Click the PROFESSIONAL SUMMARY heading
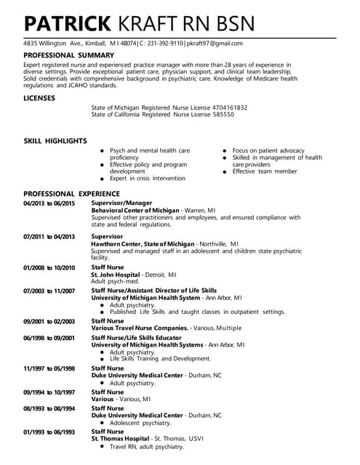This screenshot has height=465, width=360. (68, 55)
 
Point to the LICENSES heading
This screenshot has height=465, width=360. (40, 97)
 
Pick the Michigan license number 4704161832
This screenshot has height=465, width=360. (231, 108)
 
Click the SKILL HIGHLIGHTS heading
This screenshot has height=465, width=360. (55, 141)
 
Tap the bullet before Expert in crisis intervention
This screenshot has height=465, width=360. (102, 178)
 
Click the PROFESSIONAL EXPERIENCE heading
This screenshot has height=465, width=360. (71, 194)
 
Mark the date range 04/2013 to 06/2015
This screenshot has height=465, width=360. (49, 203)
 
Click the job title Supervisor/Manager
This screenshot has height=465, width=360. (121, 203)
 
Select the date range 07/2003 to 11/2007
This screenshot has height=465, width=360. (49, 291)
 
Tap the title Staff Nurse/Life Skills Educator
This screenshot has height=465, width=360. (141, 338)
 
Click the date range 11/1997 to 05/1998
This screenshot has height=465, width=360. (49, 368)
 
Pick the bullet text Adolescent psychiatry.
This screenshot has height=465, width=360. (140, 422)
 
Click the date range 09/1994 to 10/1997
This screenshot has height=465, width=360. (49, 392)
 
